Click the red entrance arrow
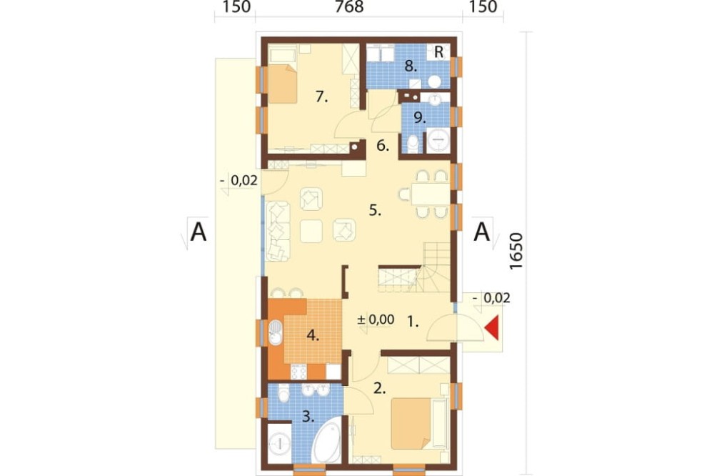pos(493,328)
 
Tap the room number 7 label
pos(321,96)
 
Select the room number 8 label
pos(411,66)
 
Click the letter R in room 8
pos(438,52)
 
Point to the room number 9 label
pos(419,118)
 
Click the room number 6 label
pos(383,146)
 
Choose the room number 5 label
pos(375,210)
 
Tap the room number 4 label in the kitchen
pos(313,336)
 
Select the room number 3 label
pos(308,416)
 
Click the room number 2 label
pos(379,389)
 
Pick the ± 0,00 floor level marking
pos(376,319)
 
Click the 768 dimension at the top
pos(349,7)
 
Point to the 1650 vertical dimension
pos(516,252)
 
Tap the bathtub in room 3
pos(326,442)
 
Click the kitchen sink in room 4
pos(276,332)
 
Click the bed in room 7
pos(283,84)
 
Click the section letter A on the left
pos(198,232)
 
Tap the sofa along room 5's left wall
pos(278,231)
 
